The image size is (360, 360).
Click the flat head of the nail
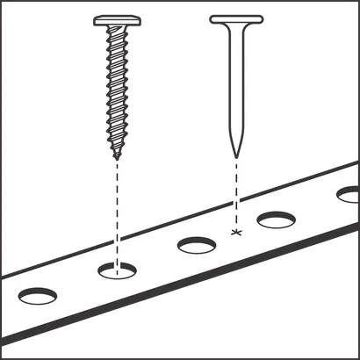tap(234, 17)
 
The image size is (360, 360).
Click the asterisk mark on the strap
tap(234, 232)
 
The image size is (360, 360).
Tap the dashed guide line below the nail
tap(234, 193)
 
